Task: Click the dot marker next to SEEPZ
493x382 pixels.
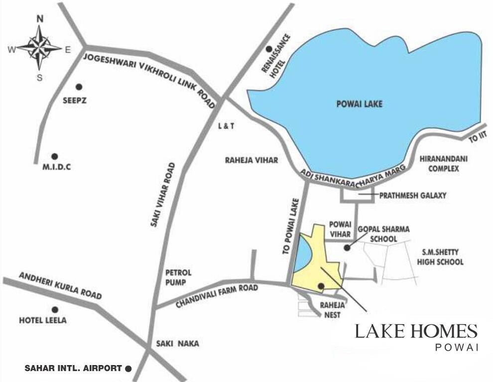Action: pos(78,86)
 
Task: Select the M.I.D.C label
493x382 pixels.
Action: pos(56,167)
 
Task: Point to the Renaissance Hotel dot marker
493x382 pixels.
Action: pos(269,49)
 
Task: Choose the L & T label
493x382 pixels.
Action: pos(226,126)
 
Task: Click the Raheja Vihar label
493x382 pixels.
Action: pos(251,160)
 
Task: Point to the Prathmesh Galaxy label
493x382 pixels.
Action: pos(413,195)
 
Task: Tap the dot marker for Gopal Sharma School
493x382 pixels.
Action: pos(347,247)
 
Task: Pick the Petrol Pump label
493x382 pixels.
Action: pos(178,278)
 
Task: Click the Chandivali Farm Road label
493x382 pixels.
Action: pos(217,296)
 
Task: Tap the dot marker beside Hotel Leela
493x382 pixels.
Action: pos(55,309)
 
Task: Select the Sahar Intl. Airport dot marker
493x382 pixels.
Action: pos(128,369)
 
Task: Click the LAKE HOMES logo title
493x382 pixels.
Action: pos(416,331)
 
